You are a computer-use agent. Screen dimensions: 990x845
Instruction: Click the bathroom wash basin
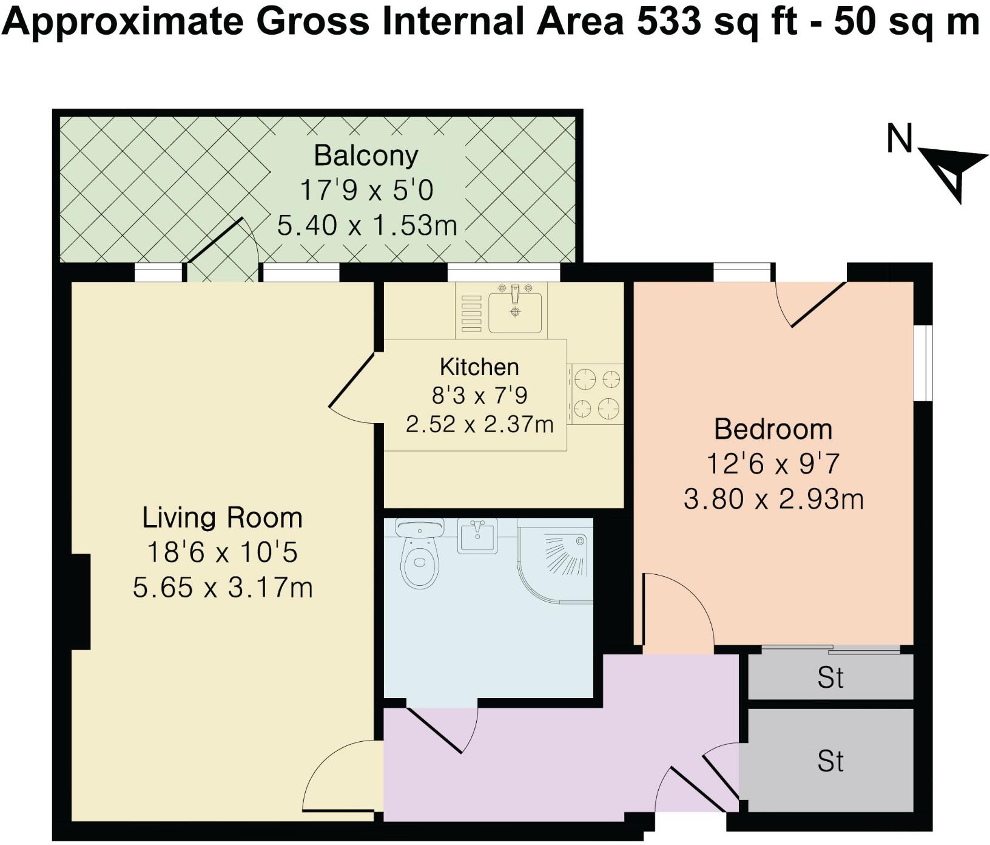[477, 535]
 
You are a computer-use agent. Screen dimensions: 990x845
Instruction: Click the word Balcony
[366, 157]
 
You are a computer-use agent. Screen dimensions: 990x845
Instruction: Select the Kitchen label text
[479, 367]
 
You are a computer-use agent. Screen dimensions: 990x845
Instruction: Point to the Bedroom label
[773, 429]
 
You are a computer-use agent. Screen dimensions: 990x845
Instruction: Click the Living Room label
[222, 518]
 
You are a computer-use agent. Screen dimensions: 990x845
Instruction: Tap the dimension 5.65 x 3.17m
[223, 587]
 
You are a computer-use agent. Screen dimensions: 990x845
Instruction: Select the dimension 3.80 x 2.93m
[773, 499]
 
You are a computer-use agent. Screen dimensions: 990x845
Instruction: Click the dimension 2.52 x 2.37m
[479, 424]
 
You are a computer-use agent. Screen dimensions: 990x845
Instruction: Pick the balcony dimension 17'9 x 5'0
[366, 190]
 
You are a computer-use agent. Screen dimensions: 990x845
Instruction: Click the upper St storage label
[830, 677]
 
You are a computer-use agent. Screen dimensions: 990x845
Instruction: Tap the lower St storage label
[830, 761]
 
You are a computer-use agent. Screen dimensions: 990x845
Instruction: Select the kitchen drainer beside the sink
[471, 313]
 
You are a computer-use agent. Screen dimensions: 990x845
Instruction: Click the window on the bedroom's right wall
[924, 363]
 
